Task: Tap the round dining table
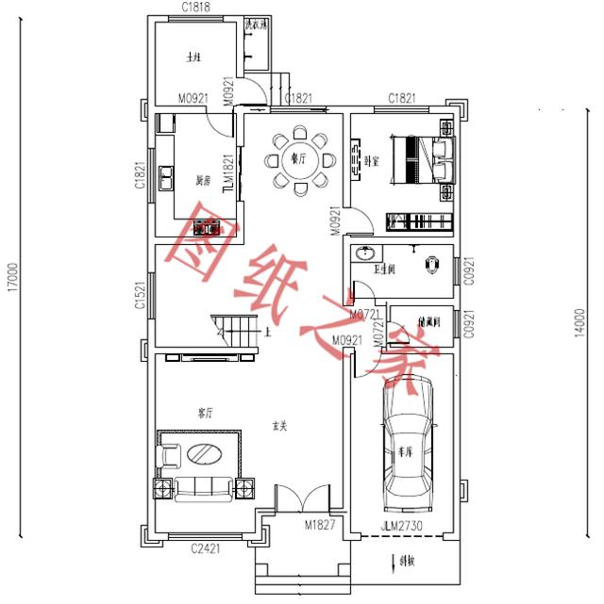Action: pyautogui.click(x=298, y=160)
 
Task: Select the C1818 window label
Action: pyautogui.click(x=195, y=8)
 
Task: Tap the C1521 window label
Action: pyautogui.click(x=140, y=296)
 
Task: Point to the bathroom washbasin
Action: pyautogui.click(x=363, y=253)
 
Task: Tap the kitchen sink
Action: pyautogui.click(x=166, y=174)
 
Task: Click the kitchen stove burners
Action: pyautogui.click(x=207, y=227)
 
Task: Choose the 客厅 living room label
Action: pyautogui.click(x=205, y=413)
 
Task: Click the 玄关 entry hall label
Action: pyautogui.click(x=279, y=427)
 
